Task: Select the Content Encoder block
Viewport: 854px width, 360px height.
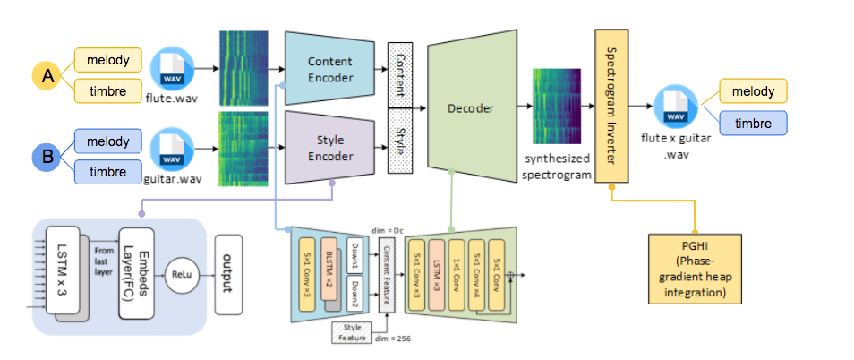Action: pyautogui.click(x=329, y=70)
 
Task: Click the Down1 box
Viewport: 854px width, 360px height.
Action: pyautogui.click(x=354, y=253)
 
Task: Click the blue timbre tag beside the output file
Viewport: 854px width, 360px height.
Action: pyautogui.click(x=754, y=124)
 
